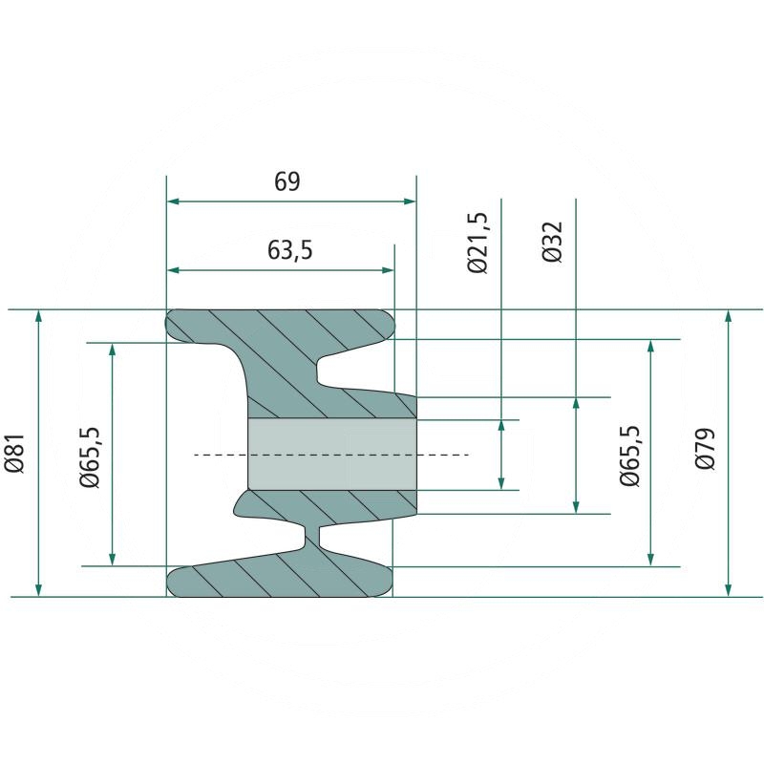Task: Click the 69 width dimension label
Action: tap(287, 181)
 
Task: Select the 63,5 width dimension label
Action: tap(289, 250)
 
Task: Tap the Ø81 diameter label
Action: tap(14, 453)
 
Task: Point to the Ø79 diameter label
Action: tap(705, 448)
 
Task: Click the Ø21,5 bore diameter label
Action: tap(477, 243)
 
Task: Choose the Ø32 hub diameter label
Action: tap(553, 242)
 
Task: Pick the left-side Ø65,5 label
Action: tap(90, 457)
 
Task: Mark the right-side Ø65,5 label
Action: tap(629, 456)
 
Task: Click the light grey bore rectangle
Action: tap(332, 455)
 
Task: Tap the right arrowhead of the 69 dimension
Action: tap(411, 202)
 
